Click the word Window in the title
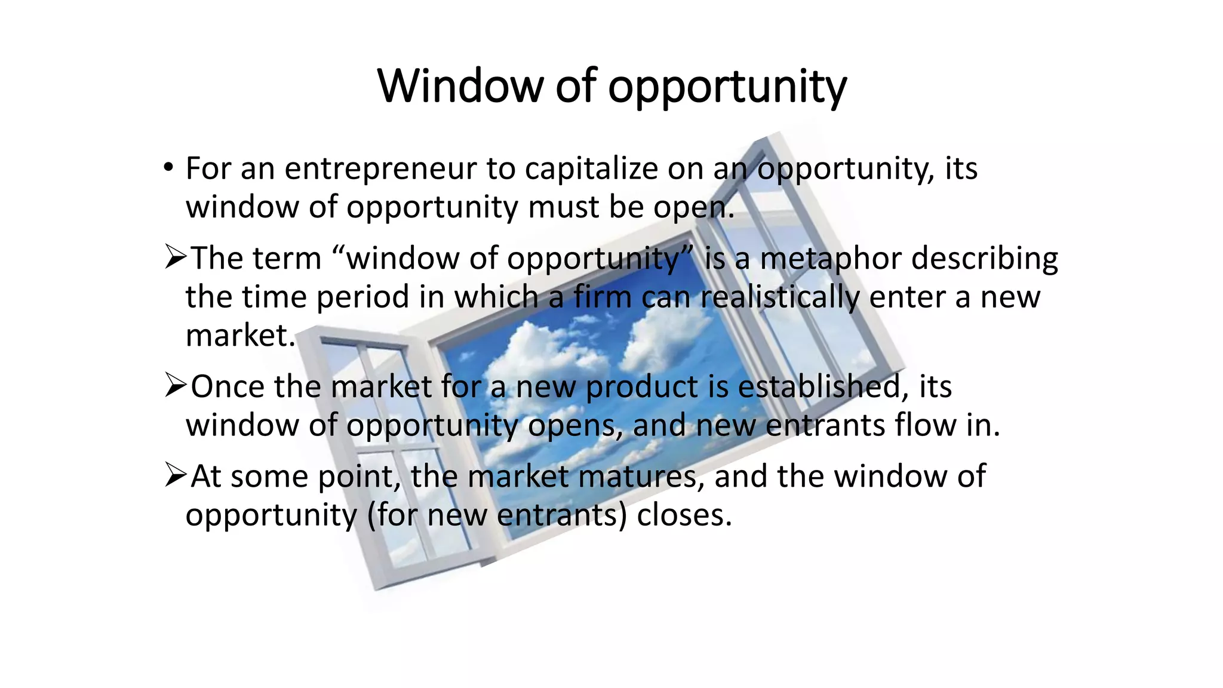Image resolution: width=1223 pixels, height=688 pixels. click(x=460, y=87)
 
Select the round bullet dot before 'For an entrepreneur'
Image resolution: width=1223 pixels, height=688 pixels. click(x=168, y=167)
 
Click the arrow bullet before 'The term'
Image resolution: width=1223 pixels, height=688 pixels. click(x=176, y=257)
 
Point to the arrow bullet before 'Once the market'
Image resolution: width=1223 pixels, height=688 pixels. click(x=176, y=386)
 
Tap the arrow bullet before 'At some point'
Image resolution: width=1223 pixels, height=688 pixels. click(x=176, y=476)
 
